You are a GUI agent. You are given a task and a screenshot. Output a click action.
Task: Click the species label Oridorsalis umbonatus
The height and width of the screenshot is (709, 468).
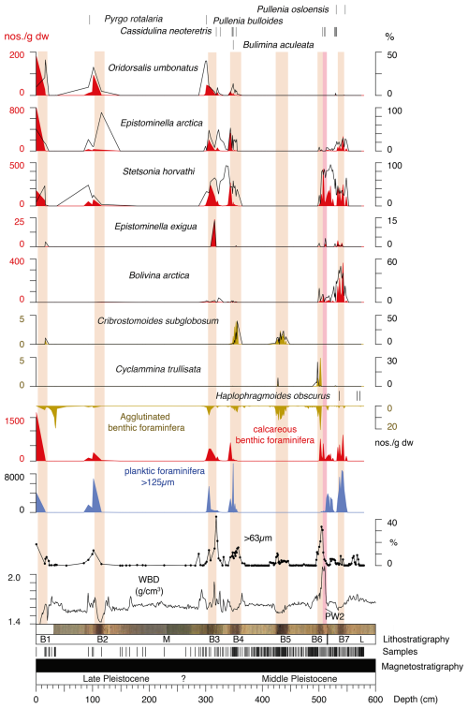click(153, 67)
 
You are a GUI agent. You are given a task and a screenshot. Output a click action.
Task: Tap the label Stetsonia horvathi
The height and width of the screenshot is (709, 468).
click(158, 171)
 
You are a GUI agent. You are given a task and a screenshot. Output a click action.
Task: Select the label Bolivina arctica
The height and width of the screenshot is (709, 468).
click(159, 275)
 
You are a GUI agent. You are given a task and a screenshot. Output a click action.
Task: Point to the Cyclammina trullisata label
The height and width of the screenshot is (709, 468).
click(158, 369)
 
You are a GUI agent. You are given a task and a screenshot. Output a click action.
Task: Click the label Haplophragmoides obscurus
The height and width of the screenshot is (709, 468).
click(273, 395)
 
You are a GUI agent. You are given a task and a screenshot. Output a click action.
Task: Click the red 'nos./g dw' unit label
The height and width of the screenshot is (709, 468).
click(26, 37)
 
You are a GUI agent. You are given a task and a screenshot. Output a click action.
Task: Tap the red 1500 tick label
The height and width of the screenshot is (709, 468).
click(14, 421)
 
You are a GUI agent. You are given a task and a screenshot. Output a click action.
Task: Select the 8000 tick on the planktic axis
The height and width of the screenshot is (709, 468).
click(14, 477)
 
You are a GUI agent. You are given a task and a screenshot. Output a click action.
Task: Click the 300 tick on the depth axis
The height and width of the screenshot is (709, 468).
click(206, 699)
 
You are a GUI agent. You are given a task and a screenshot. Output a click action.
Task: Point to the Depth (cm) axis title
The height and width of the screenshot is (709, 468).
click(416, 699)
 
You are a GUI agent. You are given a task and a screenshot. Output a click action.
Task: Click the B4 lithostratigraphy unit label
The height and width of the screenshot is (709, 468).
click(238, 639)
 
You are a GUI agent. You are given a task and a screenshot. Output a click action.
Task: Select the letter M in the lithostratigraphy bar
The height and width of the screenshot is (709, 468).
click(167, 639)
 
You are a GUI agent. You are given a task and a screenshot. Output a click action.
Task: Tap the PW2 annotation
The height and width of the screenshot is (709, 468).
click(335, 616)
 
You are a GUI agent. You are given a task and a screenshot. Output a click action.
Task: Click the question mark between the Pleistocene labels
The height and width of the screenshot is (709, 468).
click(183, 678)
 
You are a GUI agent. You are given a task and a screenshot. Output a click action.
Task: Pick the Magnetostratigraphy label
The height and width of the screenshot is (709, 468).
click(422, 666)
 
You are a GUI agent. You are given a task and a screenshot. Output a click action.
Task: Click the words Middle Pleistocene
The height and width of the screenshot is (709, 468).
click(299, 678)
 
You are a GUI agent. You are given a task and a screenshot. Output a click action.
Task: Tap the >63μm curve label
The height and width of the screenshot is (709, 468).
click(258, 539)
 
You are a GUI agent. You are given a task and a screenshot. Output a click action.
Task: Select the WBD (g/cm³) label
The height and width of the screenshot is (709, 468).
click(149, 585)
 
